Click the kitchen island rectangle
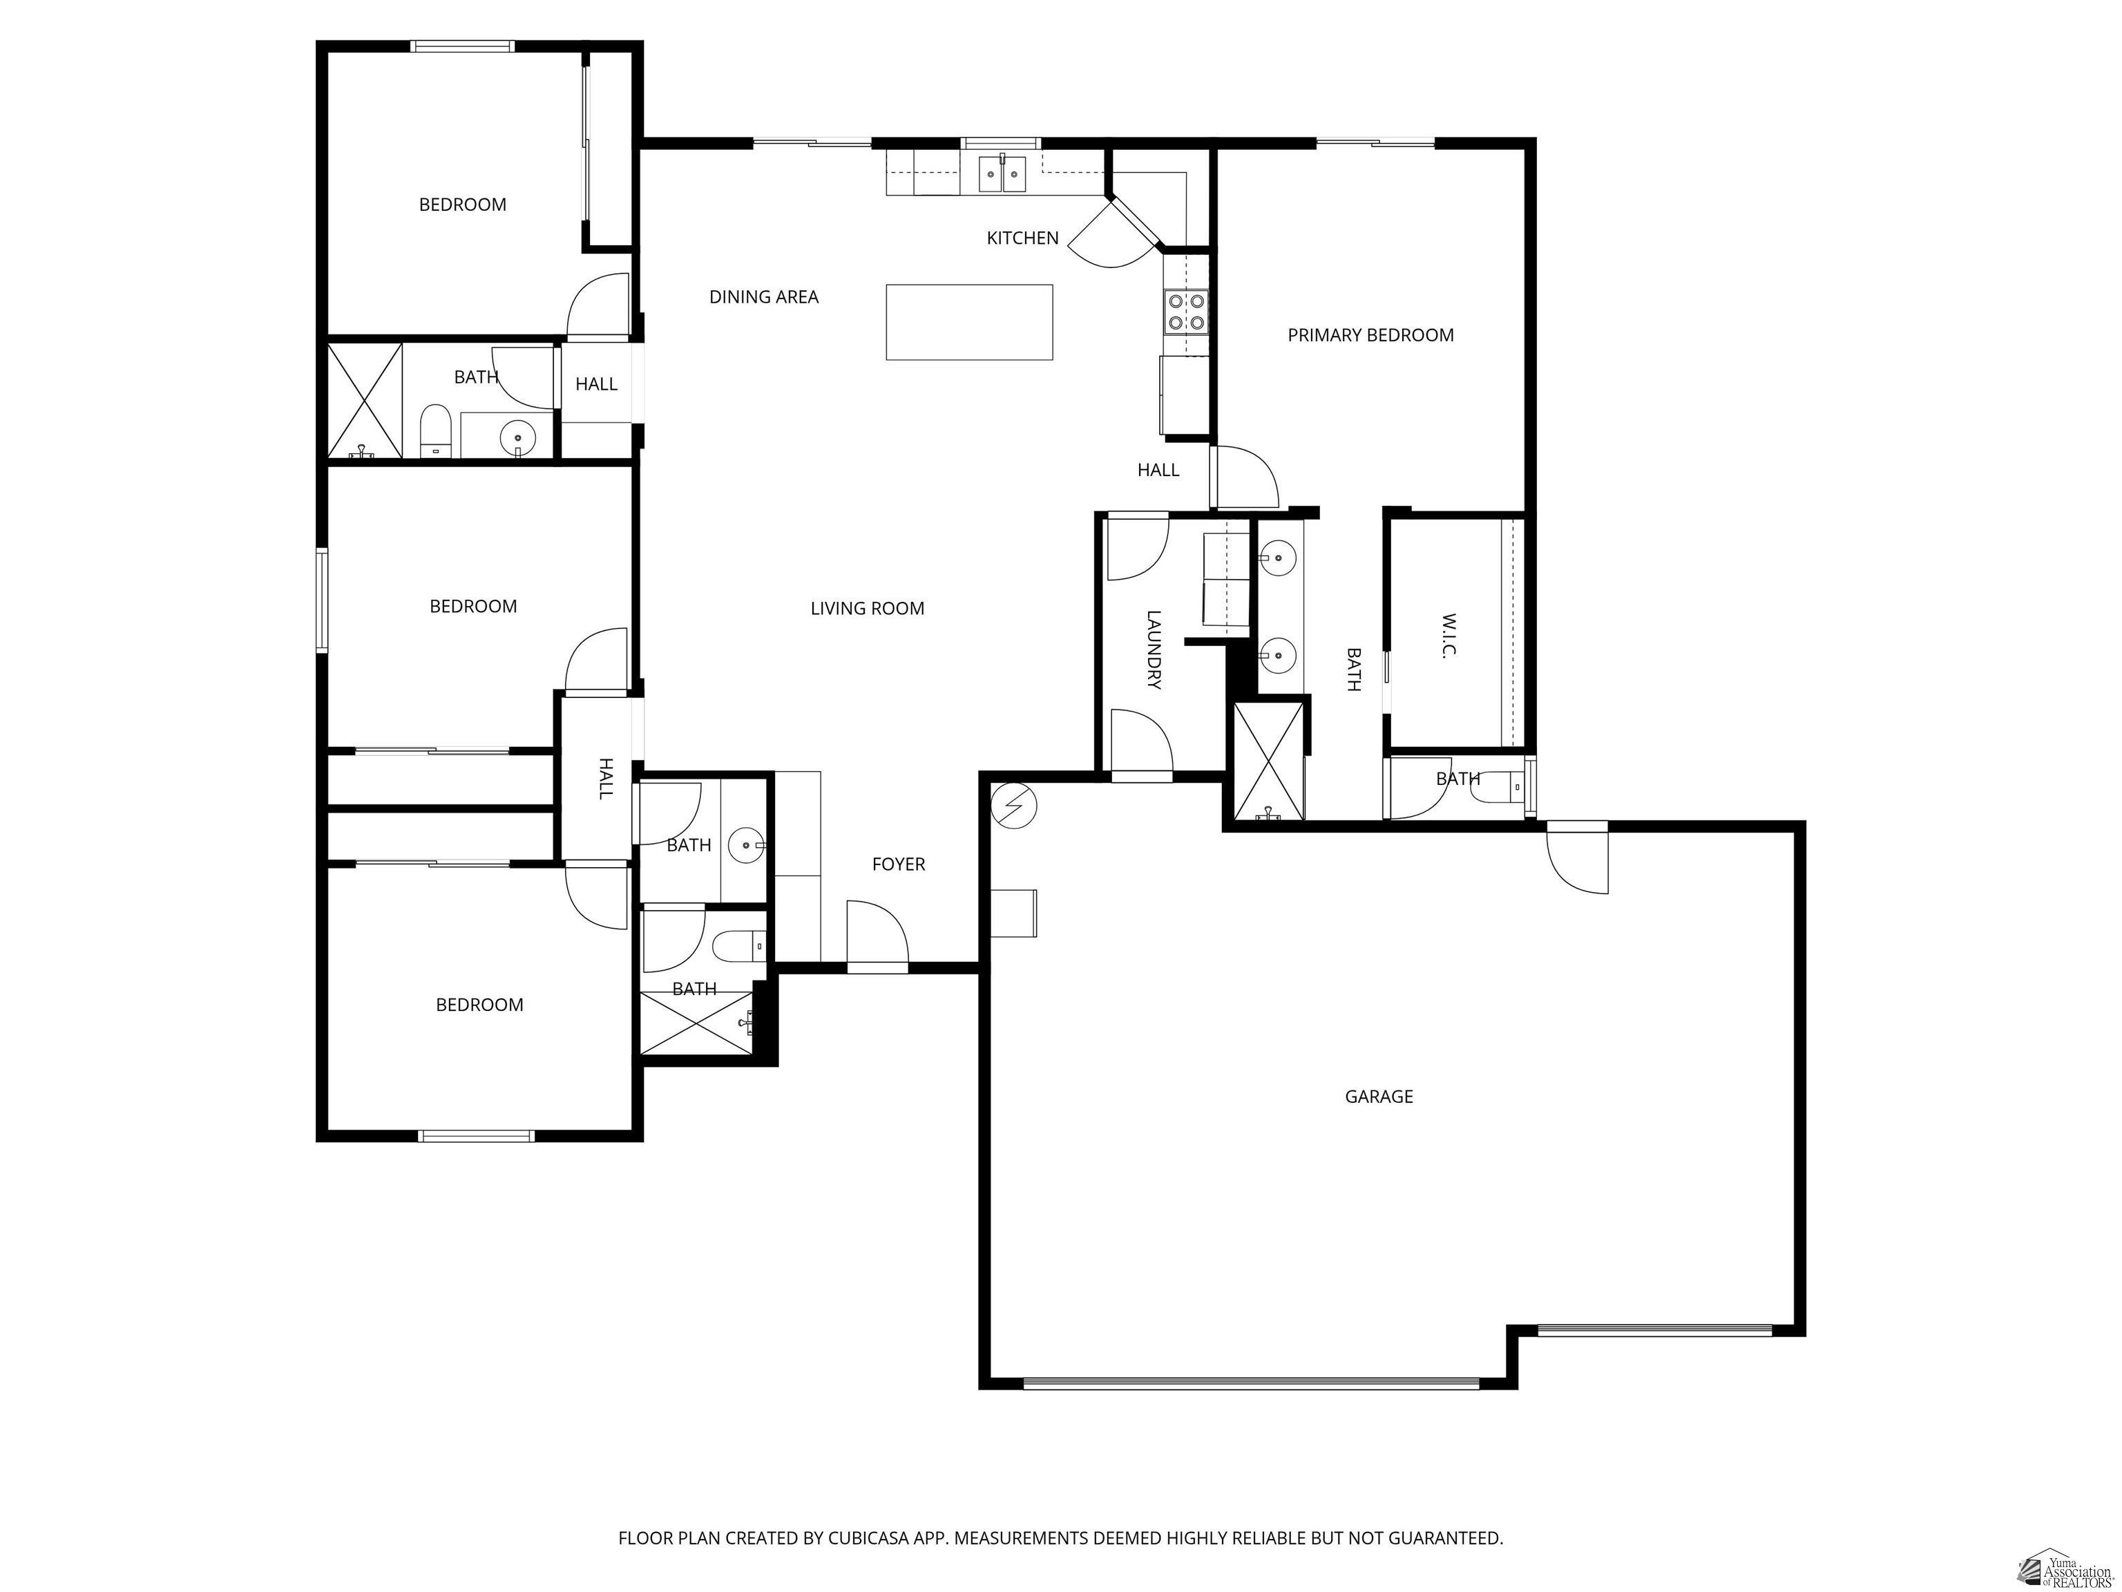click(969, 323)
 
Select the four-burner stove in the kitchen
click(1186, 312)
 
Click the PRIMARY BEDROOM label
click(1370, 335)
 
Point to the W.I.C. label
click(1449, 635)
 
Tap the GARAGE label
click(1379, 1096)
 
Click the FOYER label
click(898, 864)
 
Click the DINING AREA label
click(763, 296)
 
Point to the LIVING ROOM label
click(867, 607)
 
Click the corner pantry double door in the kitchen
click(1113, 235)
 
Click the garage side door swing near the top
click(1577, 861)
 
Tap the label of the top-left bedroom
click(462, 205)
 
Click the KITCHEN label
click(1022, 238)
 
